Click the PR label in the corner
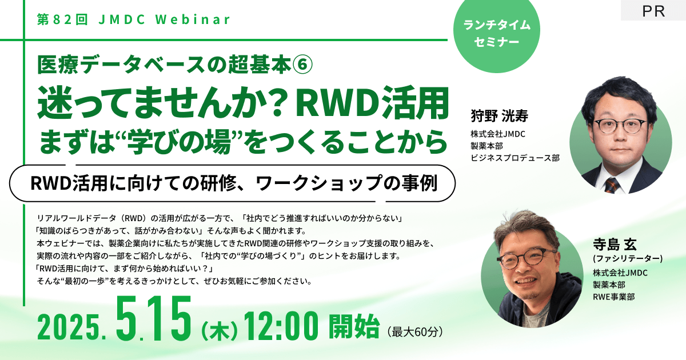tap(653, 11)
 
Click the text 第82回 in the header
tap(61, 19)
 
